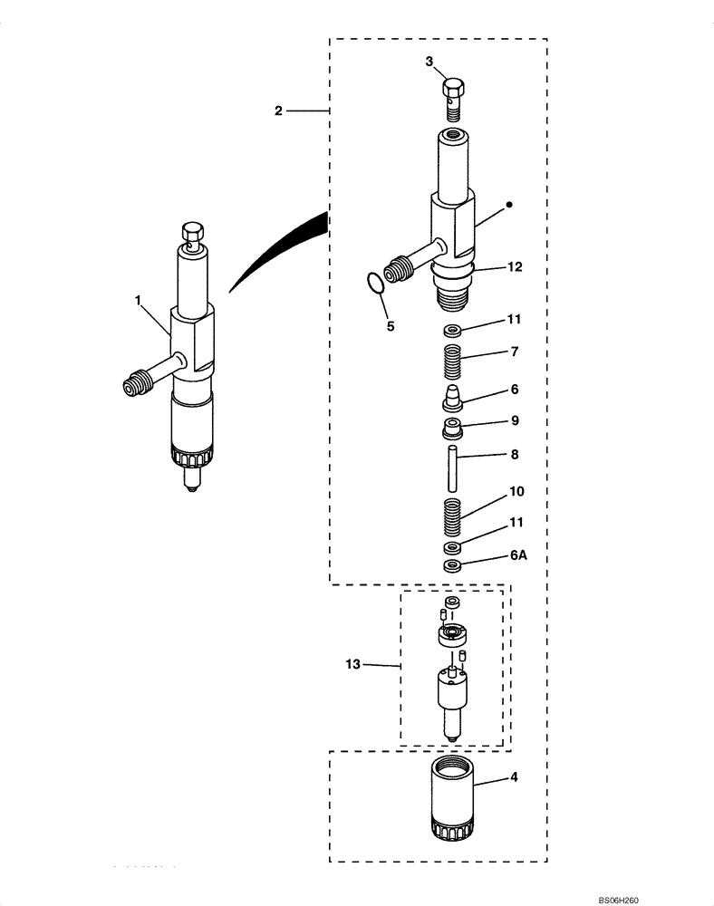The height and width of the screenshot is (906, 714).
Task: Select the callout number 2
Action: click(x=279, y=111)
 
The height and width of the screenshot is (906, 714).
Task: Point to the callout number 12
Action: click(x=515, y=268)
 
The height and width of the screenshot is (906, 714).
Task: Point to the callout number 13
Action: click(x=353, y=665)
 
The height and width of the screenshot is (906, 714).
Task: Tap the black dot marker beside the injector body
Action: click(x=509, y=205)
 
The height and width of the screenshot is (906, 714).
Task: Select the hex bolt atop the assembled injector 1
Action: click(x=192, y=235)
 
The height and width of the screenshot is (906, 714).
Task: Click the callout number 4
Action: click(x=515, y=777)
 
